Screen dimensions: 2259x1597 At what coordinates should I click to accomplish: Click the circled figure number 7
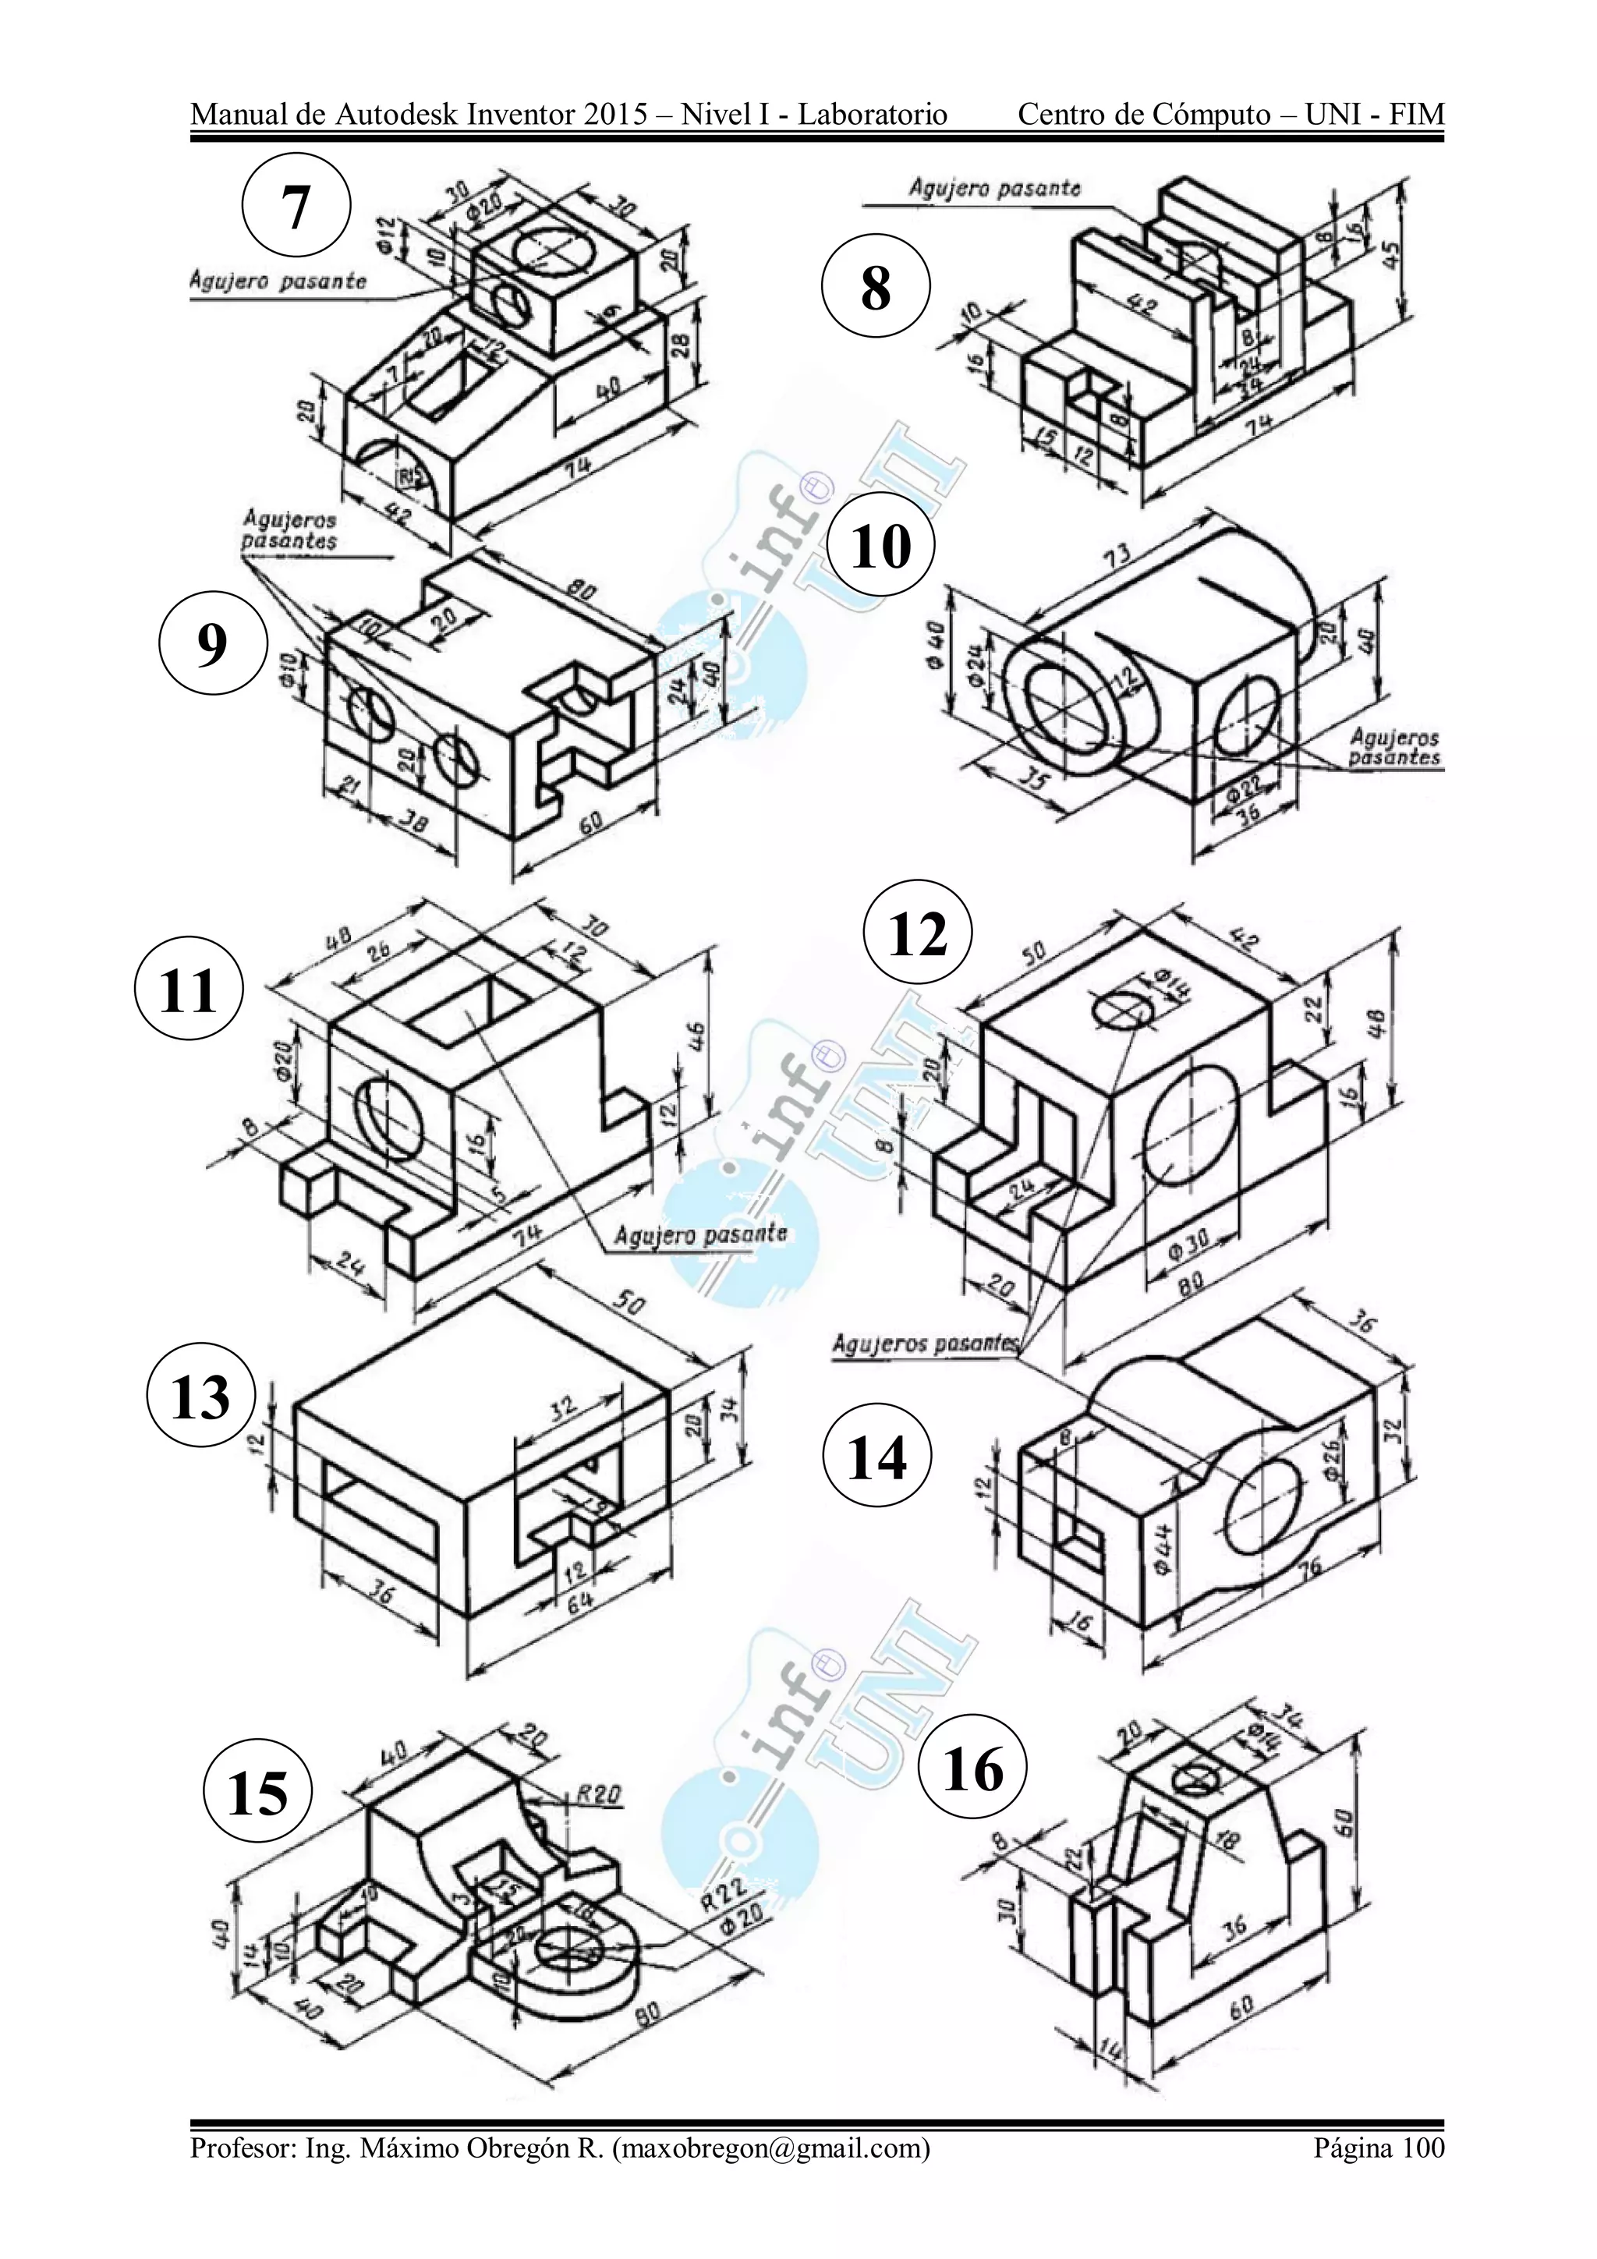point(296,207)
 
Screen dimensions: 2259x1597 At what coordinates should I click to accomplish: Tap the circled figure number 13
point(200,1398)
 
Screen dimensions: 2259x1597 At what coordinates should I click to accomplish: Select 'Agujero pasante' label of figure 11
point(700,1234)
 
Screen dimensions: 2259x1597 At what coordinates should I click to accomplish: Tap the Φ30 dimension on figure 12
point(1188,1243)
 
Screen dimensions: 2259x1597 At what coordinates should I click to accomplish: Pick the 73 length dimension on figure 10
point(1116,556)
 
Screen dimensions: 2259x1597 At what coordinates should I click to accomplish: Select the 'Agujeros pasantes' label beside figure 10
point(1393,747)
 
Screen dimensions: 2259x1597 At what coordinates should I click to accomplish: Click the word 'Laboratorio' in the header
point(872,115)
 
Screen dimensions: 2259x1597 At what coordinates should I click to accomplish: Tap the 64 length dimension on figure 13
point(579,1602)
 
